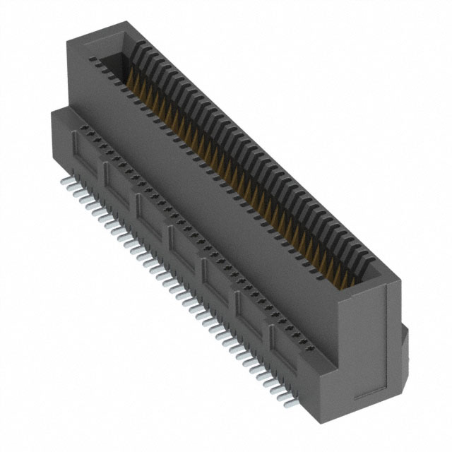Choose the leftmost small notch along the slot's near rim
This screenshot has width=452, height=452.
90,60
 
